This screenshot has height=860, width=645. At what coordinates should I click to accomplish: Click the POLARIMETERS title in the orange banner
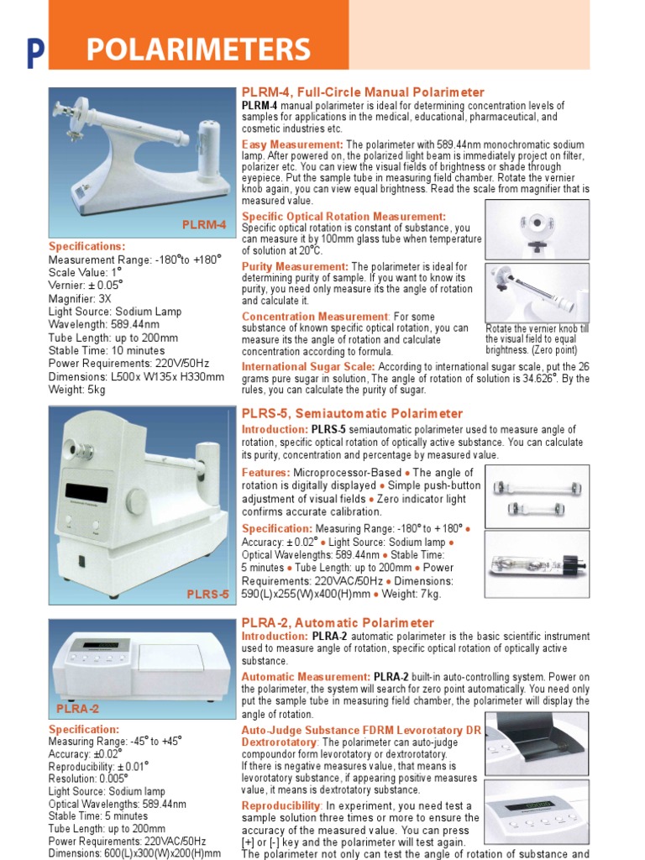click(198, 50)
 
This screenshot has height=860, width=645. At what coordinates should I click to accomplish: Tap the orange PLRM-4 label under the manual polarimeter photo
click(204, 224)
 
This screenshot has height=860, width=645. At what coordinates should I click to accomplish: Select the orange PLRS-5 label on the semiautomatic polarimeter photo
click(207, 595)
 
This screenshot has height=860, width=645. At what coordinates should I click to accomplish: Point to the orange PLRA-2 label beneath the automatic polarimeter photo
click(77, 709)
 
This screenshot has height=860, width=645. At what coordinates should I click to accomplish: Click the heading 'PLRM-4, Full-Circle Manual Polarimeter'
click(363, 92)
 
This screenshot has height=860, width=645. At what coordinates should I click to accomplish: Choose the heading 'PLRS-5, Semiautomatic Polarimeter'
click(352, 413)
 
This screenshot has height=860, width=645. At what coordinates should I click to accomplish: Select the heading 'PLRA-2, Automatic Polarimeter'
click(338, 622)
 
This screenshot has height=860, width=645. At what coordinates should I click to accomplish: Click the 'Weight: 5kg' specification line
click(77, 390)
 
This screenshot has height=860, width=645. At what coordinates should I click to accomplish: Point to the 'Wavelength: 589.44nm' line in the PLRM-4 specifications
click(104, 324)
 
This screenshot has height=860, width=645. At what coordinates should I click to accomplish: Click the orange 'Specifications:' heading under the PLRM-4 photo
click(87, 246)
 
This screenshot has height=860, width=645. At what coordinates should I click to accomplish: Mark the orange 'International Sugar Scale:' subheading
click(308, 367)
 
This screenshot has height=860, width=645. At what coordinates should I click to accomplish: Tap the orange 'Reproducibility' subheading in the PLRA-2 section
click(281, 805)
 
